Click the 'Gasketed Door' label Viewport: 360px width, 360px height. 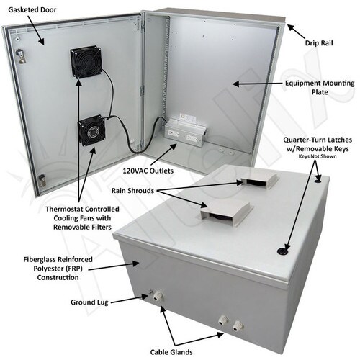point(32,10)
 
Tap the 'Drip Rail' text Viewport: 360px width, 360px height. point(319,43)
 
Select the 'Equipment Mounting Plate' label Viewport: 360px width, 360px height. point(320,88)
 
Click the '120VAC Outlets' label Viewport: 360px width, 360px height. point(148,171)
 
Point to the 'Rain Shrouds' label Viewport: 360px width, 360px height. point(132,191)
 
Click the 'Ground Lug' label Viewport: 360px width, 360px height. point(89,302)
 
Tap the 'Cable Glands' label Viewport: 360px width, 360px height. point(171,352)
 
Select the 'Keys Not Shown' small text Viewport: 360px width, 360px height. point(318,156)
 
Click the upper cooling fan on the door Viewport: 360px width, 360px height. point(86,62)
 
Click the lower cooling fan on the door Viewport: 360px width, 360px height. point(92,130)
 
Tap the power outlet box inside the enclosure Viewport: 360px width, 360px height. point(185,130)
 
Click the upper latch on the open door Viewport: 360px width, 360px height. point(20,56)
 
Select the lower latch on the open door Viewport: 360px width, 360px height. point(42,181)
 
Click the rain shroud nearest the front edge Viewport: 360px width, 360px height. point(226,211)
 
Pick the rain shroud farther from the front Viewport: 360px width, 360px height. point(259,180)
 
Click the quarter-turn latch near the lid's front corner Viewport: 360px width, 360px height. point(284,251)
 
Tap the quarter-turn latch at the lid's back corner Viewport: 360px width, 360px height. point(318,180)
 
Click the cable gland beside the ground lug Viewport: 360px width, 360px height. point(158,295)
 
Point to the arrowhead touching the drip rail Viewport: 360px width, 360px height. point(291,27)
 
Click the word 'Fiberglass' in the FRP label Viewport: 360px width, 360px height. point(37,259)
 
